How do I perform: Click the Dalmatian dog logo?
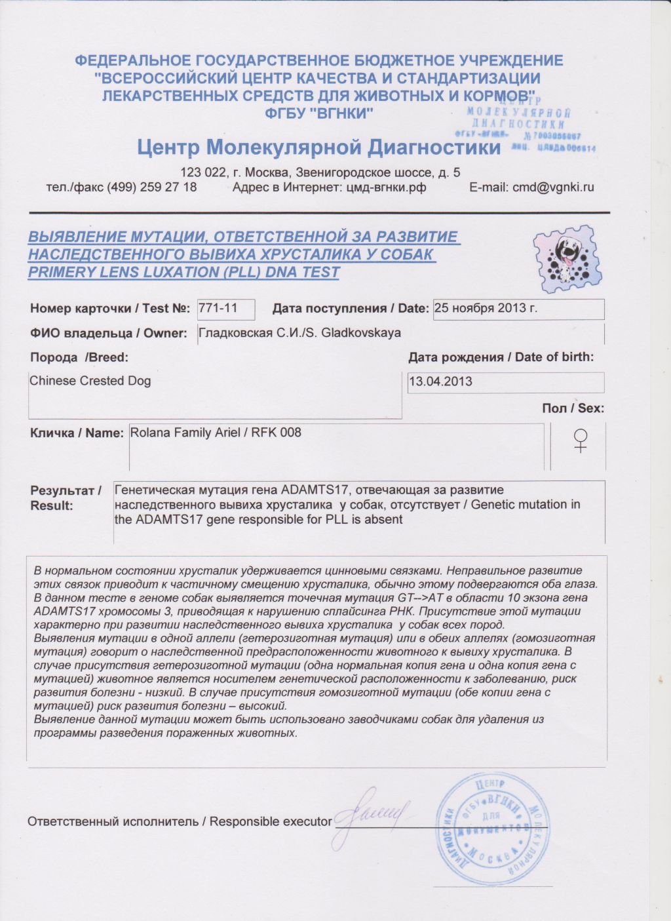(x=565, y=260)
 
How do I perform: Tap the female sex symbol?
(x=580, y=440)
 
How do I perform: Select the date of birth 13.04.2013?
(x=440, y=382)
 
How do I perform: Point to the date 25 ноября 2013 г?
(x=486, y=308)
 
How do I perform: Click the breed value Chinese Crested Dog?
(x=90, y=381)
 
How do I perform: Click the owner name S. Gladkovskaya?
(x=353, y=333)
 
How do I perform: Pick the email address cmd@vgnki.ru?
(x=553, y=187)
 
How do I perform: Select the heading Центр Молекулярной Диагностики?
(x=319, y=147)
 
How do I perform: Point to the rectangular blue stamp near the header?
(x=524, y=125)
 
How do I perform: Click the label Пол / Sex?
(x=573, y=408)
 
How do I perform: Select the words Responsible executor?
(x=271, y=821)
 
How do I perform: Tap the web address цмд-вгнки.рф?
(x=385, y=187)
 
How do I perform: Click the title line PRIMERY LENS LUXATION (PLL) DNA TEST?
(x=183, y=273)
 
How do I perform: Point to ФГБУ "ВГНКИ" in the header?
(x=319, y=113)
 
